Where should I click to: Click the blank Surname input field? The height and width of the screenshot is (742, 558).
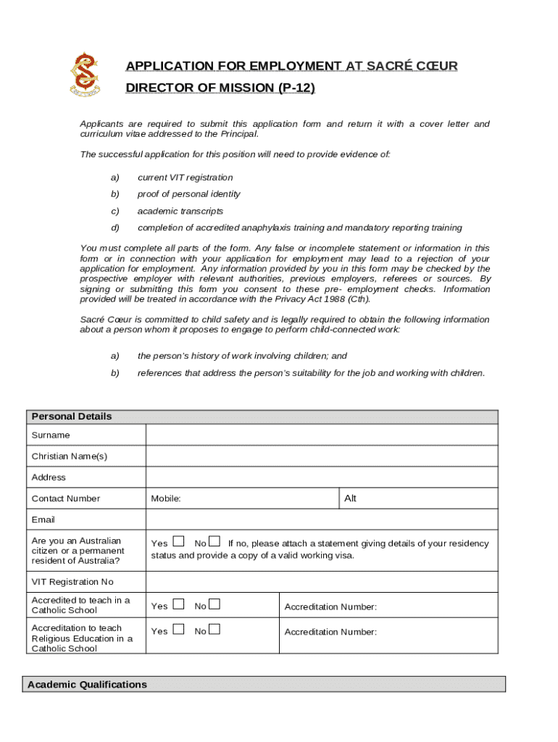322,435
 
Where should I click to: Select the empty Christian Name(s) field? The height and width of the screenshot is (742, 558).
322,456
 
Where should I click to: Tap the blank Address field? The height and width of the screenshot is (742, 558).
322,477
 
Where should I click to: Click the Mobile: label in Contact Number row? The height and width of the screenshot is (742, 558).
166,499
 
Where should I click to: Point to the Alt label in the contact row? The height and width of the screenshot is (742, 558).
351,499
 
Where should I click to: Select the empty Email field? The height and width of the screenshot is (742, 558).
322,520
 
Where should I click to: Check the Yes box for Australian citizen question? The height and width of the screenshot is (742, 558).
179,542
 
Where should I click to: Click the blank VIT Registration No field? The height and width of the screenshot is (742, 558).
322,582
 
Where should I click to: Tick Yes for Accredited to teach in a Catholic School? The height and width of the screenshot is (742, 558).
179,604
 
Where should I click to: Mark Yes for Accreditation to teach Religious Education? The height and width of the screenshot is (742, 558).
179,630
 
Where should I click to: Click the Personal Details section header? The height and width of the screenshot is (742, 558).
72,417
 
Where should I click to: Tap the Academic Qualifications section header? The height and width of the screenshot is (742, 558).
87,685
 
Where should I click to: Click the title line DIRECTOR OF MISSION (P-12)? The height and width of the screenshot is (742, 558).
220,88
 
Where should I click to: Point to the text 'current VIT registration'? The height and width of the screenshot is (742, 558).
185,178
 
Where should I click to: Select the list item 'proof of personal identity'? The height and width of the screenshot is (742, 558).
188,194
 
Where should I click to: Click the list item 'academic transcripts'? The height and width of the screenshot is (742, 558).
180,211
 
